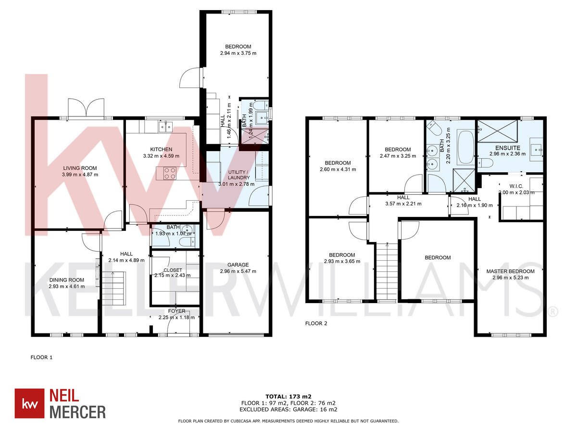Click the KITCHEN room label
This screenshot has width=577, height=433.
(x=161, y=150)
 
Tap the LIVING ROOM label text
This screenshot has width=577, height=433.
(x=80, y=168)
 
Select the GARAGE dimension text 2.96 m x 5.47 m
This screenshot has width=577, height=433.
(x=238, y=271)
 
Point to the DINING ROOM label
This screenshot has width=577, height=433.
(x=66, y=280)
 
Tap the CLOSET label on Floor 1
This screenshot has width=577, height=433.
(x=173, y=270)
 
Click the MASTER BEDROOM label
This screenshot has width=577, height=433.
(x=510, y=271)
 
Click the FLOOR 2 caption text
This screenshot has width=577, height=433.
(x=316, y=324)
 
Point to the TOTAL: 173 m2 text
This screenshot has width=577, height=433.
(x=288, y=396)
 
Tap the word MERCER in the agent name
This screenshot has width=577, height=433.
(x=78, y=412)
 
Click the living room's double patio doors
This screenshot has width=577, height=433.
(x=86, y=108)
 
